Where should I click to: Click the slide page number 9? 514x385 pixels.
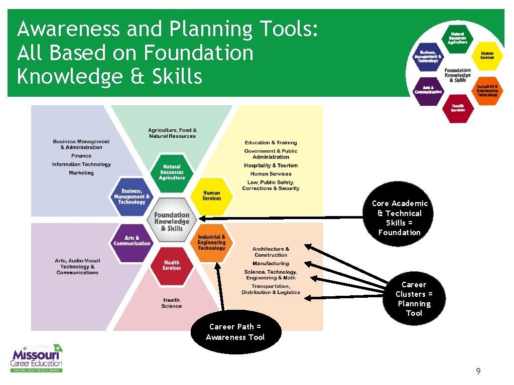(x=478, y=371)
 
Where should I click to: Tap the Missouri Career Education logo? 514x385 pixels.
(x=37, y=358)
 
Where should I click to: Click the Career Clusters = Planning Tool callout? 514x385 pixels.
(x=414, y=298)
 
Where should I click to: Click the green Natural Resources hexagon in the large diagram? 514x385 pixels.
(x=172, y=172)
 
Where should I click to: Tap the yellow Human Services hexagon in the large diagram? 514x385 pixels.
(x=211, y=196)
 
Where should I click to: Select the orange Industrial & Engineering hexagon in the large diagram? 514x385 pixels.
(x=211, y=243)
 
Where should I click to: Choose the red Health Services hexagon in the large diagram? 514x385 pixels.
(x=172, y=265)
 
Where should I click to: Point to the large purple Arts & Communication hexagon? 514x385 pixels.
(x=132, y=241)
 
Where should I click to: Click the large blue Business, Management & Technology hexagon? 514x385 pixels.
(x=132, y=196)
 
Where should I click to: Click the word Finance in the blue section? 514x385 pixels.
(x=81, y=156)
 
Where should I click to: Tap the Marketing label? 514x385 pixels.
(x=81, y=173)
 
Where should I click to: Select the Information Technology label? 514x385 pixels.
(x=81, y=164)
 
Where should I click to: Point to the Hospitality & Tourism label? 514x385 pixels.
(x=271, y=165)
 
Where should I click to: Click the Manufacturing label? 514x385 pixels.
(x=271, y=264)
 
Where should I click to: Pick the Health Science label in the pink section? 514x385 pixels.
(x=171, y=303)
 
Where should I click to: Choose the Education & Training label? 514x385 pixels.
(x=271, y=143)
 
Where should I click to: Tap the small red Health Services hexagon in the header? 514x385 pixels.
(x=457, y=108)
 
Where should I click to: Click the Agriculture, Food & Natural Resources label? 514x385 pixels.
(x=172, y=133)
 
